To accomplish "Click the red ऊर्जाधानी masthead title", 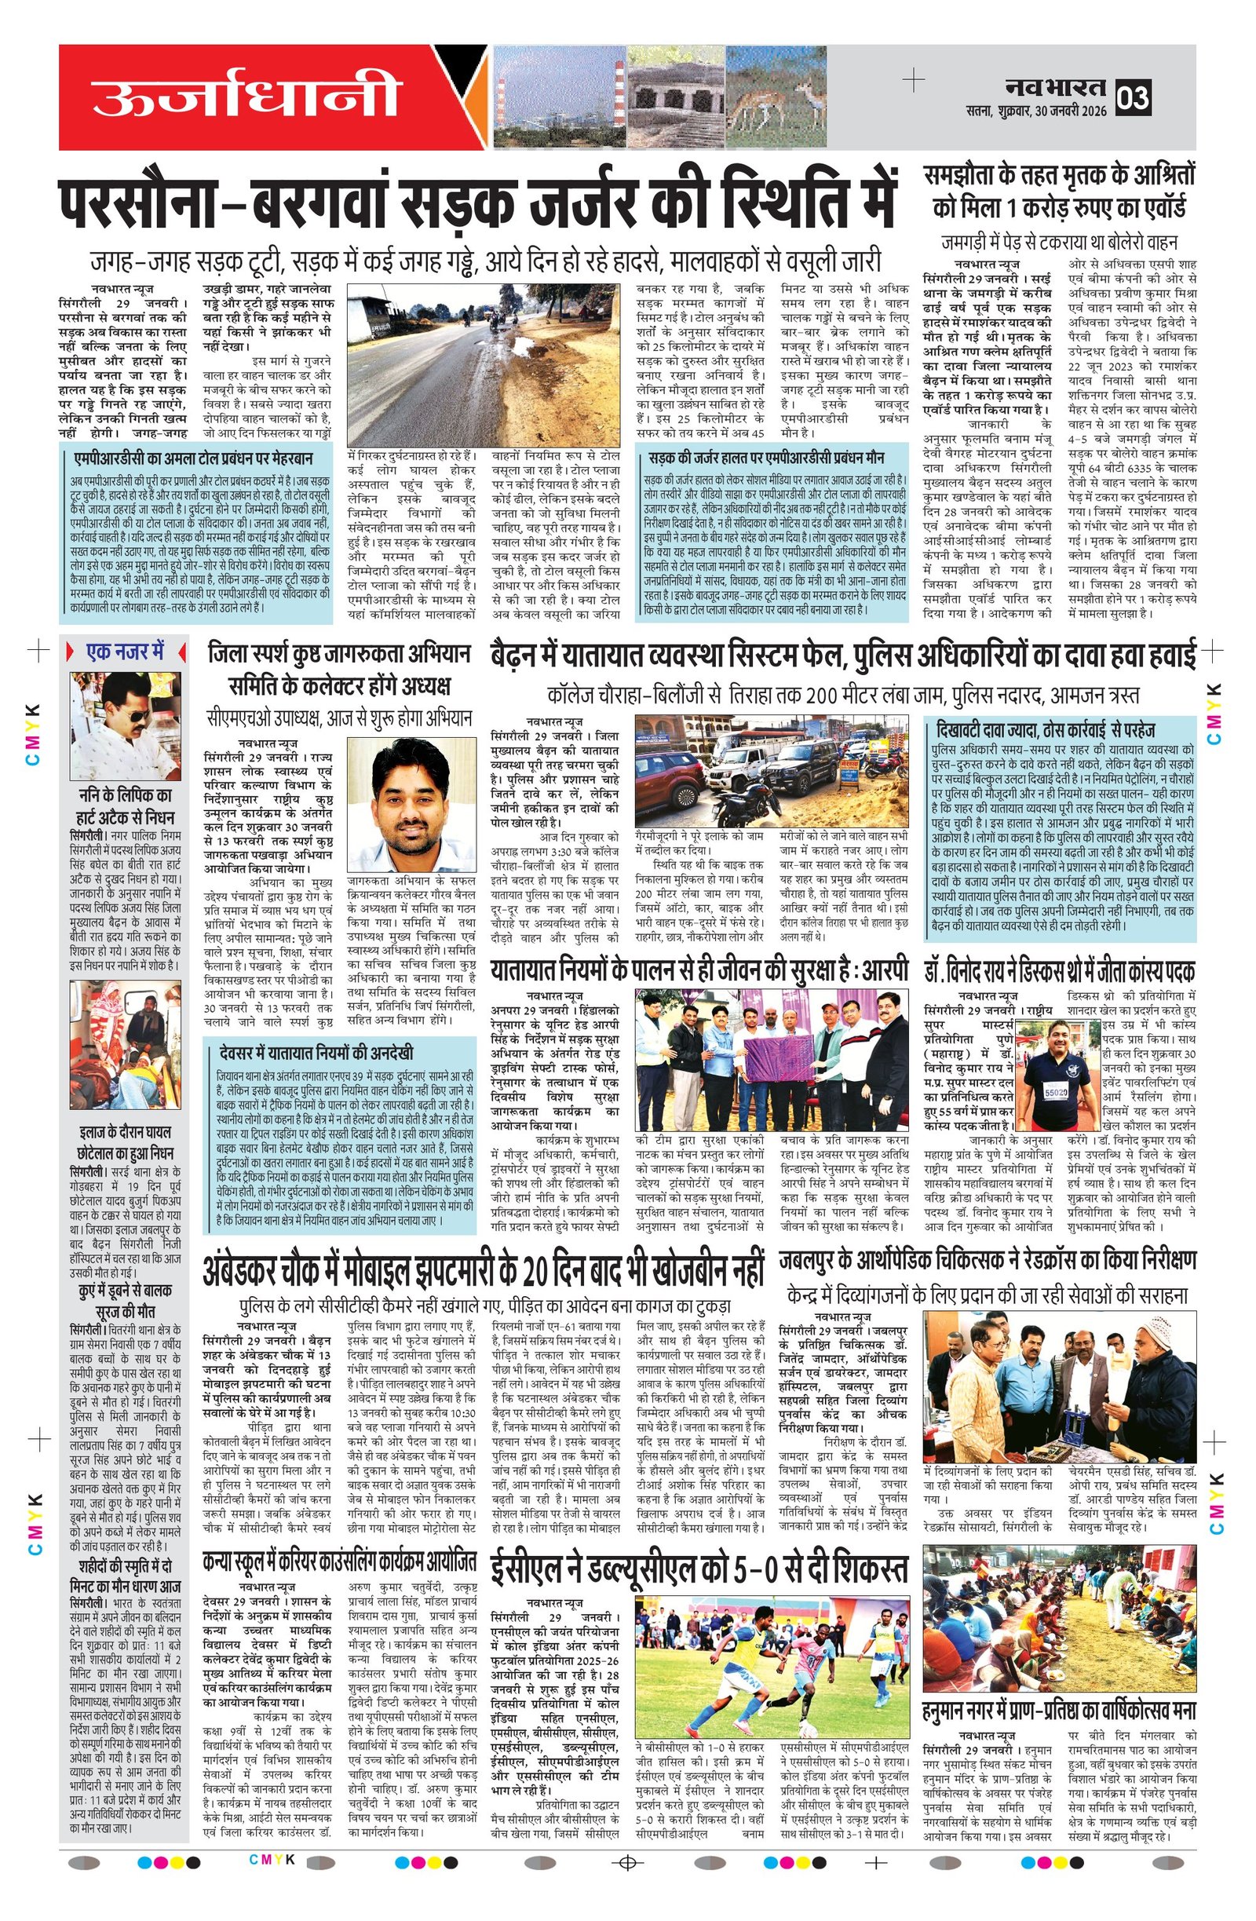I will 246,96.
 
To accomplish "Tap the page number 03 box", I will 1133,97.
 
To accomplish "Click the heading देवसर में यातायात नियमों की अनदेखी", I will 316,1053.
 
